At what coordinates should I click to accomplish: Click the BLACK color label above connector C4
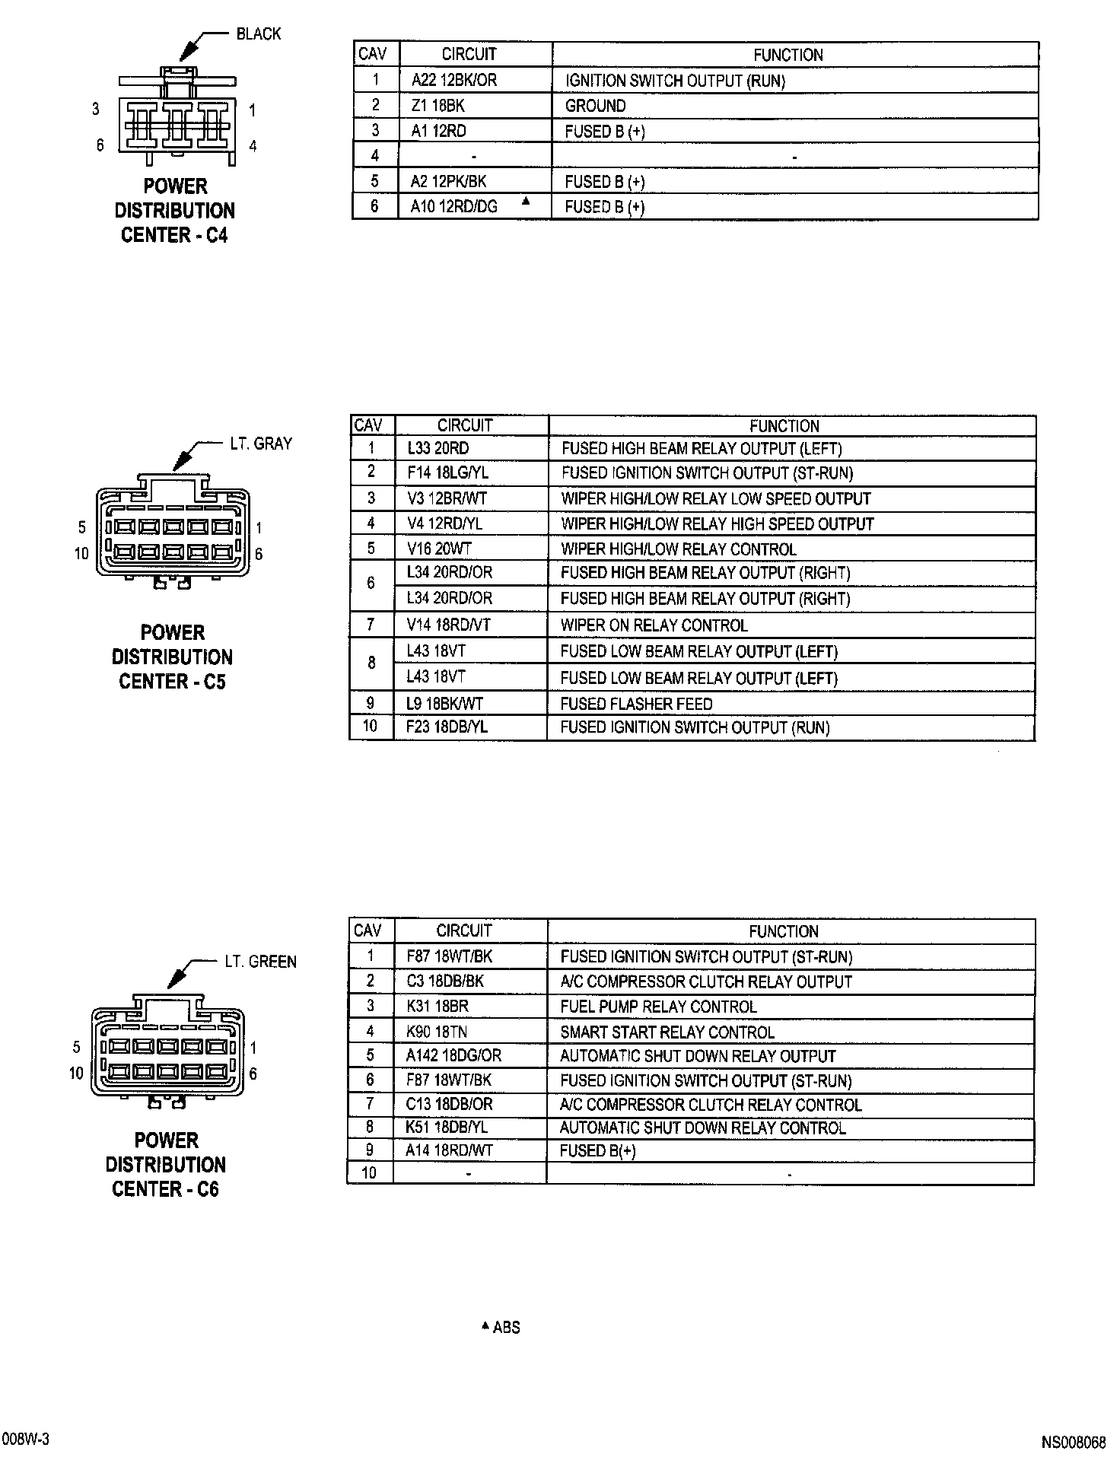tap(258, 34)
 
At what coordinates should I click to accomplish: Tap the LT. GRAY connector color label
tap(260, 444)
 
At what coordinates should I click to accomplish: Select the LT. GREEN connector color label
tap(260, 962)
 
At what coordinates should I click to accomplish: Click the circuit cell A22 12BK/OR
tap(453, 81)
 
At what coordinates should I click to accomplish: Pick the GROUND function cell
tap(595, 106)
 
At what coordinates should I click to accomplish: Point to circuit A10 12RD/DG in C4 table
tap(453, 207)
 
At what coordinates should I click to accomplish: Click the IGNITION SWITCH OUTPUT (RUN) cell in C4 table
tap(675, 81)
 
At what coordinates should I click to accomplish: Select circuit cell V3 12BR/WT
tap(447, 499)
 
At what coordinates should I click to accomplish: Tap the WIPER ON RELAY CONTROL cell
tap(654, 625)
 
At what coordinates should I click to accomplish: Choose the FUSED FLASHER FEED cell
tap(636, 704)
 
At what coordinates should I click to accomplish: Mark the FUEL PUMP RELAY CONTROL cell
tap(658, 1007)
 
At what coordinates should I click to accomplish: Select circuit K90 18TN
tap(437, 1032)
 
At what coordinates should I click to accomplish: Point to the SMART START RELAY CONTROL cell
tap(667, 1032)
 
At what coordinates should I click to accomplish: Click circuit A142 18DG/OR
tap(453, 1056)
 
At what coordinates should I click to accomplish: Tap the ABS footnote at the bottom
tap(501, 1328)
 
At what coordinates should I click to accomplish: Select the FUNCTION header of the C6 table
tap(783, 931)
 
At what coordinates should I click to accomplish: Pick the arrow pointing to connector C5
tap(183, 458)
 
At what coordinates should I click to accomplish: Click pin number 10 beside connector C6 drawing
tap(76, 1074)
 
